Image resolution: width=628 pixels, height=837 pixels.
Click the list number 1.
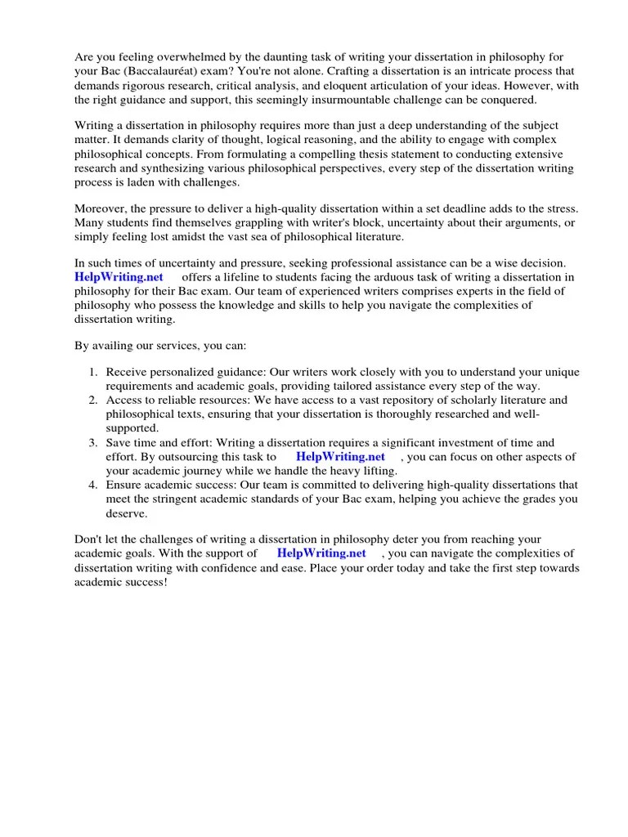pyautogui.click(x=93, y=372)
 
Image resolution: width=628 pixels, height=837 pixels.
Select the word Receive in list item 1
pyautogui.click(x=126, y=372)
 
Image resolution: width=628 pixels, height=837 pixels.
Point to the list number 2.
pyautogui.click(x=93, y=400)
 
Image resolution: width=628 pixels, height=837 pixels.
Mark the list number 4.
pyautogui.click(x=93, y=485)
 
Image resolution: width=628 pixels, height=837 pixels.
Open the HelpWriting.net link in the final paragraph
pyautogui.click(x=321, y=553)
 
